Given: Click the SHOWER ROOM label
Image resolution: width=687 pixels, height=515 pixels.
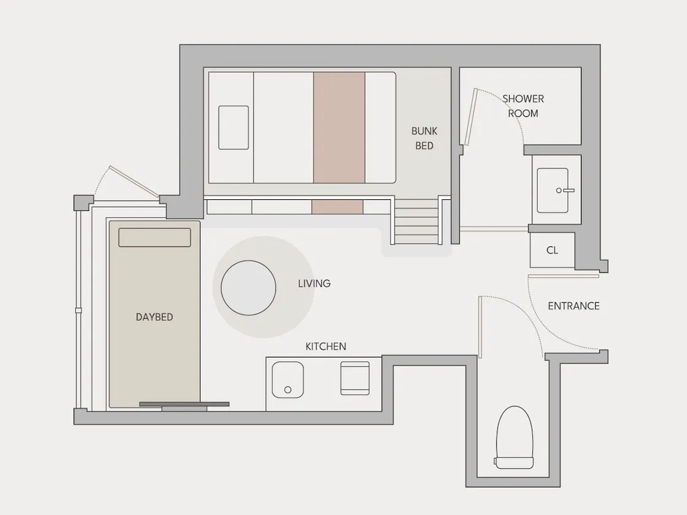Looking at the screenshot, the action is coord(523,106).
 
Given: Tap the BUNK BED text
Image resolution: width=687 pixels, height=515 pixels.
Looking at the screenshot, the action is coord(424,139).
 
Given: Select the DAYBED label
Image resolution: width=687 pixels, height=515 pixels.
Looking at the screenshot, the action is coord(154,317).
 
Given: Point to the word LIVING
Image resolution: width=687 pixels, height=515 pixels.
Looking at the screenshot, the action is coord(314,283).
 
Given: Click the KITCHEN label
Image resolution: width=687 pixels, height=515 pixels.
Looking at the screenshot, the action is coord(326,346).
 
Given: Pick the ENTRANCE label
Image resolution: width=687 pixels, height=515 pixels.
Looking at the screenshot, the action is coord(574,306).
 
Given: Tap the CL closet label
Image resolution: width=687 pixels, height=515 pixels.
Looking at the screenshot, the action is coord(552,250).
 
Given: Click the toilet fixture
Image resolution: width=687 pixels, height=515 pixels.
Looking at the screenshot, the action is coord(515,437).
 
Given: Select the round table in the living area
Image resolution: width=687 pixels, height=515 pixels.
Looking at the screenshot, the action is coord(248,288).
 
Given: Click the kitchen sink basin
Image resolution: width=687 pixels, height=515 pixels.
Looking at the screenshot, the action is coord(288,380).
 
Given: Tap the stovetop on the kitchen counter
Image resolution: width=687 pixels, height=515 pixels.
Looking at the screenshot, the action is coord(355,378).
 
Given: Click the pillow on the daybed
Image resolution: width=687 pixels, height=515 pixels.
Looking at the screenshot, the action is coord(155,237).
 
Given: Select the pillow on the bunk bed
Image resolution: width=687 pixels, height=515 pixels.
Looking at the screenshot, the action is coord(234,128).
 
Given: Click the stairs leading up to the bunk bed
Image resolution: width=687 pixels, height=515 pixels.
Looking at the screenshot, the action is coord(416,221).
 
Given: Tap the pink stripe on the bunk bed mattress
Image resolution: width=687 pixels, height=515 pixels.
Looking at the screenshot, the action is coord(339,128).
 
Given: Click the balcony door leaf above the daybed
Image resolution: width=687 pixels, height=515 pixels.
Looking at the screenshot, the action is coord(134,181).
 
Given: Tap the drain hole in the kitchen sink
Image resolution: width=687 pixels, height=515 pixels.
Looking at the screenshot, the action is coord(288,390).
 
